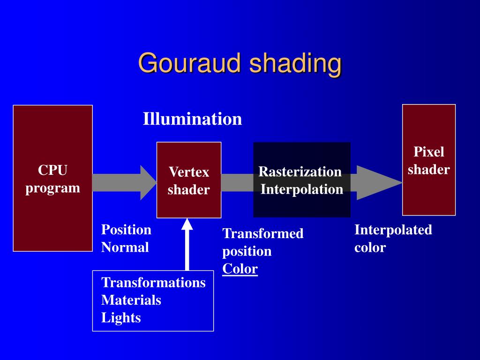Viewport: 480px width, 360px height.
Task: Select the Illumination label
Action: (192, 119)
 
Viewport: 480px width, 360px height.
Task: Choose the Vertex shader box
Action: (189, 202)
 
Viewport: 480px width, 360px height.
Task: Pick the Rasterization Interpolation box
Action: (302, 206)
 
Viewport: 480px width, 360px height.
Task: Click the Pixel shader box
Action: (429, 192)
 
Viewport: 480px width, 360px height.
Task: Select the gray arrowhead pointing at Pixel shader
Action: (377, 183)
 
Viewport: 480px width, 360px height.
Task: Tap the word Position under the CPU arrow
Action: (126, 230)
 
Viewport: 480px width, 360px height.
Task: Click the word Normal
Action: (125, 247)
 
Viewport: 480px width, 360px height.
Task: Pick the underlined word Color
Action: (240, 269)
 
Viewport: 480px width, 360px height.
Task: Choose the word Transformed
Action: (263, 233)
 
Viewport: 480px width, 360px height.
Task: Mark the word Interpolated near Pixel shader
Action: (393, 230)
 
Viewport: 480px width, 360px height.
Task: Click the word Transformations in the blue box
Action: (153, 283)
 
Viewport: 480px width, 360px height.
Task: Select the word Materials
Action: (131, 300)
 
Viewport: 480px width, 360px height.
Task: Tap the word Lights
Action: (121, 318)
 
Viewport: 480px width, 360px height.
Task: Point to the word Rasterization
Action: (300, 172)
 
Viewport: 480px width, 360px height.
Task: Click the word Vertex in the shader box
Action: (189, 172)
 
